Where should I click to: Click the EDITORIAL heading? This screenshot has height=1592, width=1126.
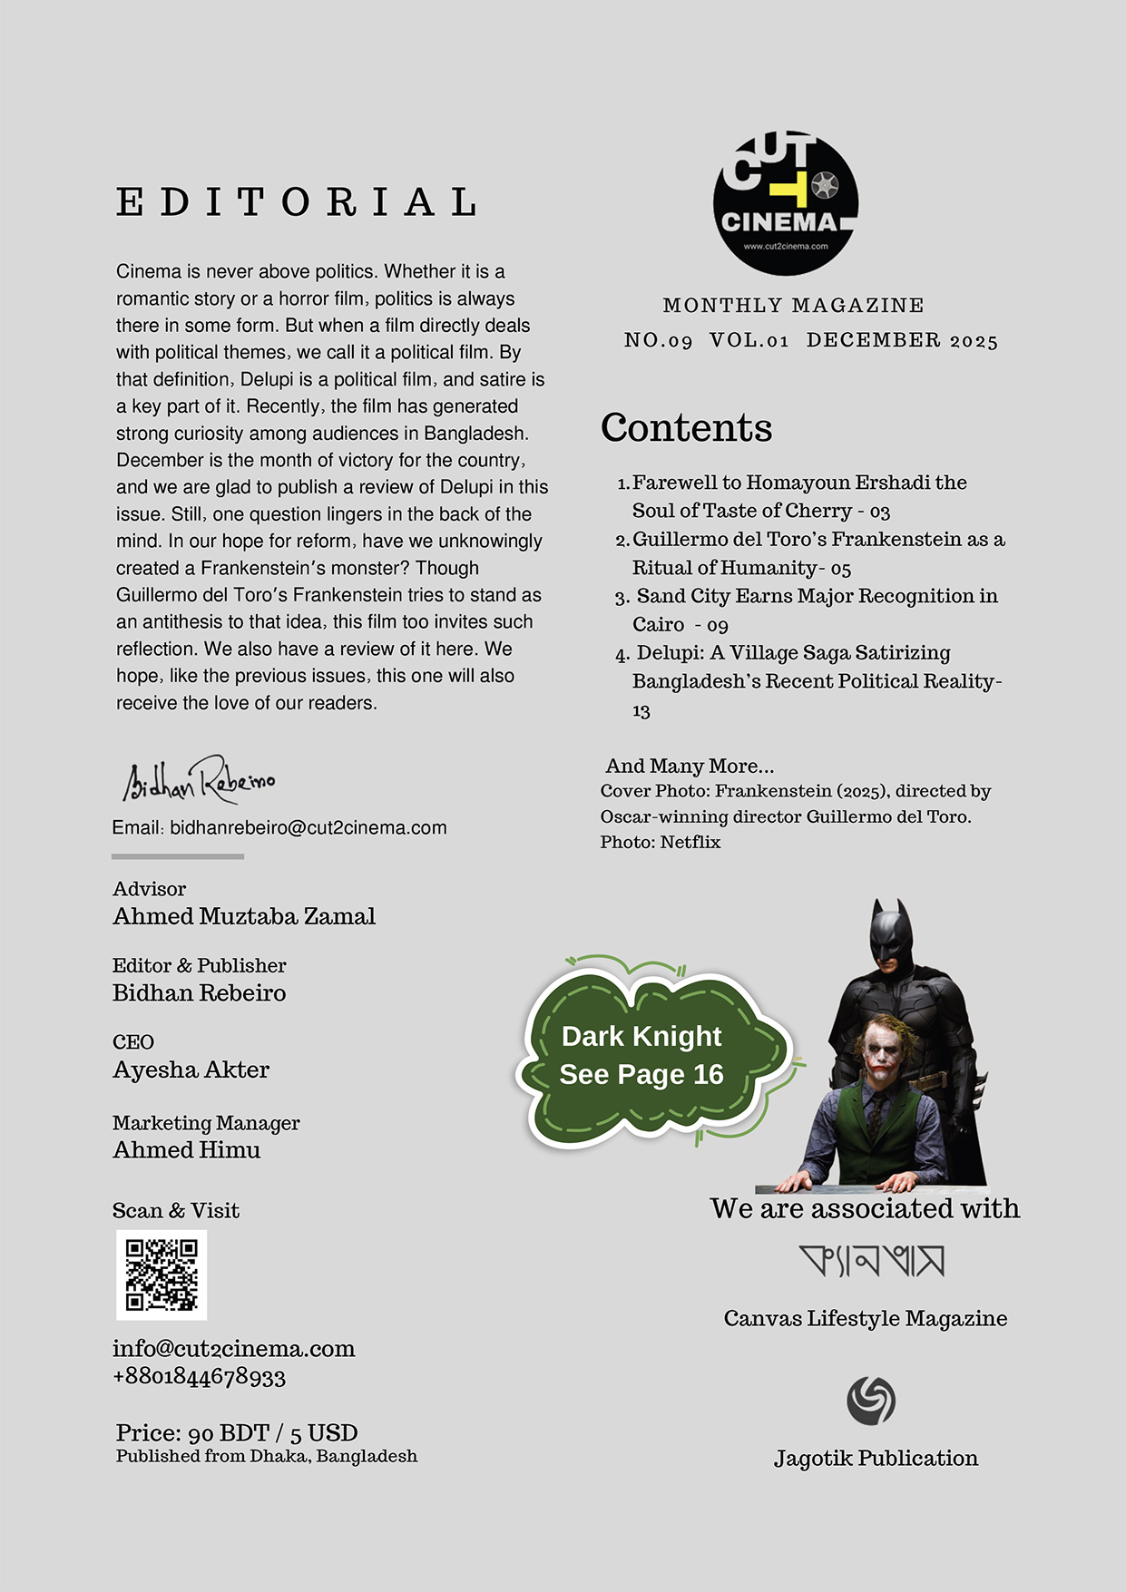(298, 202)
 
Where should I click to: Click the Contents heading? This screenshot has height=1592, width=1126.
(686, 427)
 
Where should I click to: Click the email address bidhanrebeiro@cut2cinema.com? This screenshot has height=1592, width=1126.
(308, 827)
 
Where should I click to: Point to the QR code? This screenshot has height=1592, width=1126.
(162, 1275)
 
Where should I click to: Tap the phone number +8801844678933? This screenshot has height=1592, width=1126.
(199, 1377)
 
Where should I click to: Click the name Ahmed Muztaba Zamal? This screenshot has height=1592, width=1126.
(244, 916)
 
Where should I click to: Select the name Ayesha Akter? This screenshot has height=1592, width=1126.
(191, 1069)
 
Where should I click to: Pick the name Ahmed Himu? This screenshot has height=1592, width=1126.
(186, 1149)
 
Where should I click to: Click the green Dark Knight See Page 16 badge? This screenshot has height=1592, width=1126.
(642, 1056)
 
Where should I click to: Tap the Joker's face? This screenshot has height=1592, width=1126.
(876, 1055)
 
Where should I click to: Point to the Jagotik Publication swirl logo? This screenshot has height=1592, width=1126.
(871, 1401)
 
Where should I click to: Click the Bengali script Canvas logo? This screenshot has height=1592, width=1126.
(871, 1261)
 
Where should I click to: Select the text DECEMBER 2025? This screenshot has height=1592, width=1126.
(902, 340)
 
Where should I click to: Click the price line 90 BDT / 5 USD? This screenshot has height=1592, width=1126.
(237, 1432)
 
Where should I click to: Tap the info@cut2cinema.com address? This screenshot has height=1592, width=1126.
(233, 1349)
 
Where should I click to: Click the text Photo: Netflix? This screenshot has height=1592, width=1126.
(661, 842)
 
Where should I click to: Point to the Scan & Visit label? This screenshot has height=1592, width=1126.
(176, 1210)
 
